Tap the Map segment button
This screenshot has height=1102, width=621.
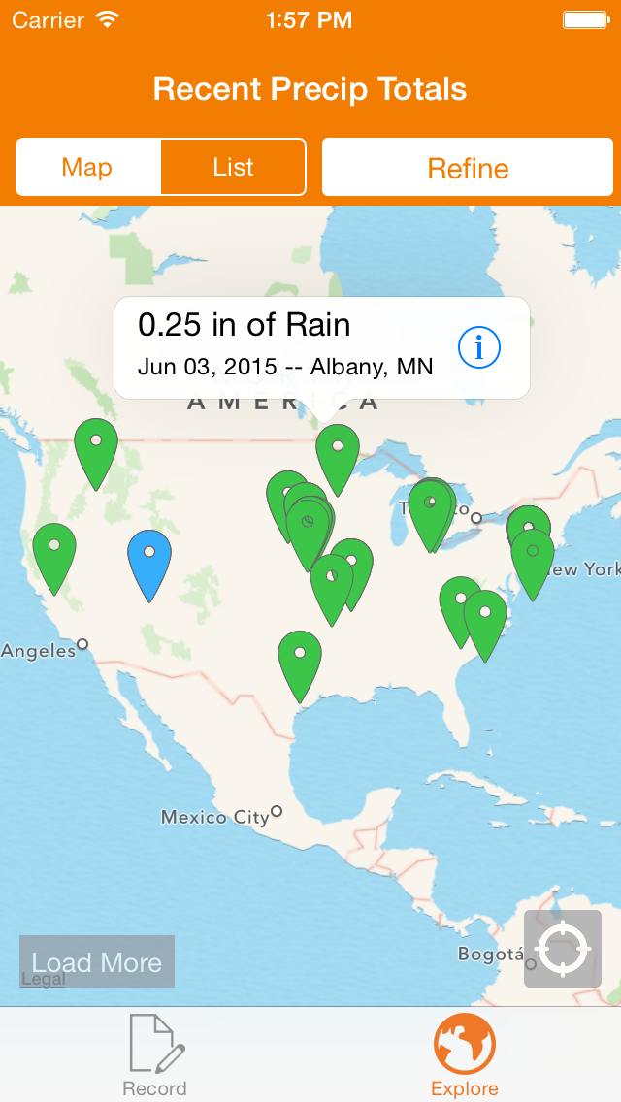pos(87,167)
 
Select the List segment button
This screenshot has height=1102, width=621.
pos(233,167)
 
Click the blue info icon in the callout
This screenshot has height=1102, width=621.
pos(478,347)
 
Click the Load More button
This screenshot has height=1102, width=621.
pos(97,961)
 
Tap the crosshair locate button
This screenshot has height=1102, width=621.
pos(563,949)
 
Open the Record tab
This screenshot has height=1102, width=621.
pos(155,1053)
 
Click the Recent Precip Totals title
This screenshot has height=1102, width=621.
pos(310,89)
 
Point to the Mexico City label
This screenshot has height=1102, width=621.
pos(214,817)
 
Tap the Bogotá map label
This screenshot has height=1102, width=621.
pos(491,955)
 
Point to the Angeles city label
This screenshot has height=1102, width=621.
pos(38,651)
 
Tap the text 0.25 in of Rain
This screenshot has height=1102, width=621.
pos(245,326)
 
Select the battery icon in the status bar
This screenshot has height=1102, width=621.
pos(586,19)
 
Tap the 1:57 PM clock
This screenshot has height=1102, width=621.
pos(310,19)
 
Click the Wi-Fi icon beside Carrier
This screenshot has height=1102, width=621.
pos(108,19)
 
